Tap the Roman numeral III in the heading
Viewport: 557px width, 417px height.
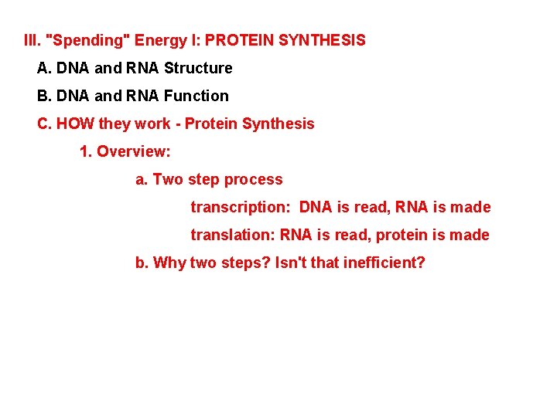(32, 39)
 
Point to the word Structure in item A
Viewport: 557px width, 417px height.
(198, 68)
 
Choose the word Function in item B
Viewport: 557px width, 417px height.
(196, 96)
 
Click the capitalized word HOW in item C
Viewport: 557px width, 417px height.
(74, 124)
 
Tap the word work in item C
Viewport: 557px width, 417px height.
(152, 124)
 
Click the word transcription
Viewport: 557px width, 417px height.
(240, 207)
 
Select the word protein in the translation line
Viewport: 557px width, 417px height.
(401, 235)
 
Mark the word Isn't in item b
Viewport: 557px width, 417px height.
(291, 263)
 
